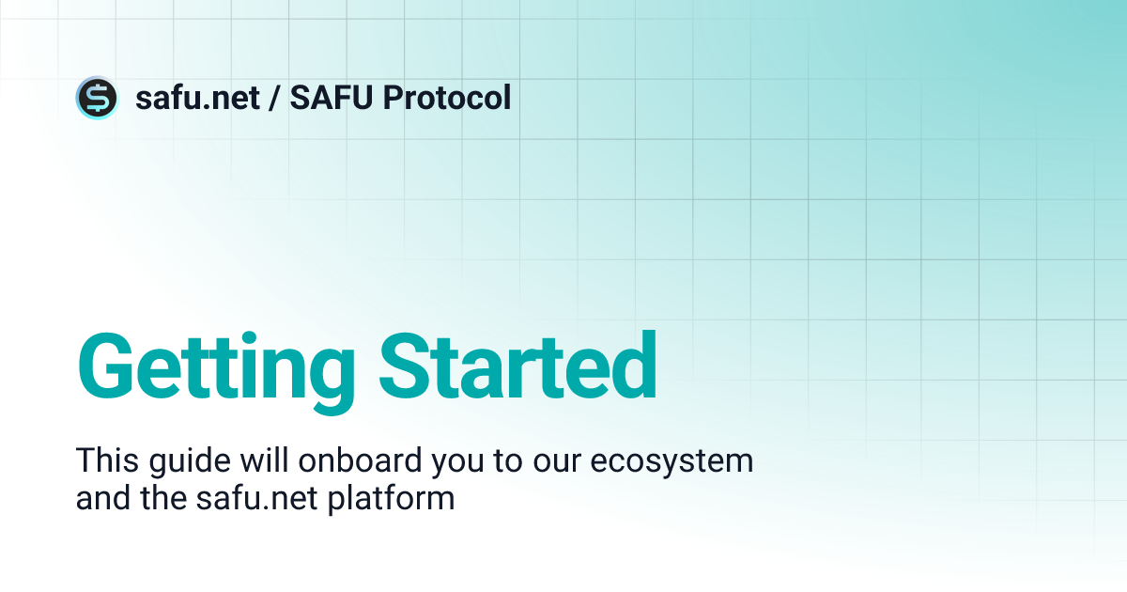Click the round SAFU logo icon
97,98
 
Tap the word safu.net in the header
197,98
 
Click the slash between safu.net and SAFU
274,98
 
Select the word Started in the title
520,366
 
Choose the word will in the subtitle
248,461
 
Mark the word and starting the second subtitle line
99,497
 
